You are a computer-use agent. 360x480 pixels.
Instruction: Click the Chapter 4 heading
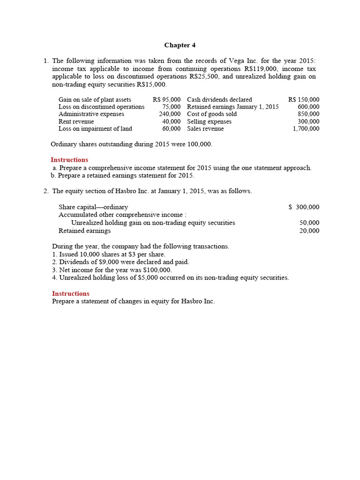tap(180, 45)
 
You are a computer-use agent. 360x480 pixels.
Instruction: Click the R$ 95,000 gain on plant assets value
tap(166, 99)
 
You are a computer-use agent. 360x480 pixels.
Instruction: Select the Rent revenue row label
tap(76, 121)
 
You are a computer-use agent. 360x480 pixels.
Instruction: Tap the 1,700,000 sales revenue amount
tap(306, 128)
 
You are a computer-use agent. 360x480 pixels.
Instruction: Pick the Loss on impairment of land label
tap(95, 128)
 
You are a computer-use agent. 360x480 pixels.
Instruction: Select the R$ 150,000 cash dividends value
tap(304, 99)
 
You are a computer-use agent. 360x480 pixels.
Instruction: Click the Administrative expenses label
tap(91, 114)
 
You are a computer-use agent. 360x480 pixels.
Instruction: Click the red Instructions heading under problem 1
tap(69, 160)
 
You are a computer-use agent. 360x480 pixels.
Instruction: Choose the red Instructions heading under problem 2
tap(70, 293)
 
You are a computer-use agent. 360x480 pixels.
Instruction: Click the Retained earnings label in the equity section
tap(84, 231)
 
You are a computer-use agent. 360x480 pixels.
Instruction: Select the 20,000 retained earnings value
tap(309, 231)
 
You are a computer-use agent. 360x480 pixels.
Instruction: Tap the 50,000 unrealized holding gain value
tap(309, 223)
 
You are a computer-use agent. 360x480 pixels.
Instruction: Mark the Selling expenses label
tap(209, 121)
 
